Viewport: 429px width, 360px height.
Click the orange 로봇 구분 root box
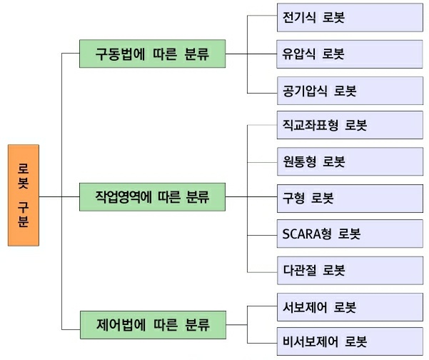(x=24, y=195)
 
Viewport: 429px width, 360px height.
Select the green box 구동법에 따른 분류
(x=152, y=53)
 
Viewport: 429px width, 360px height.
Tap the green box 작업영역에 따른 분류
(x=152, y=195)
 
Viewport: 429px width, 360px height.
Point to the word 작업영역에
(x=126, y=195)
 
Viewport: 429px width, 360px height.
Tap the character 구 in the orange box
(x=24, y=205)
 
